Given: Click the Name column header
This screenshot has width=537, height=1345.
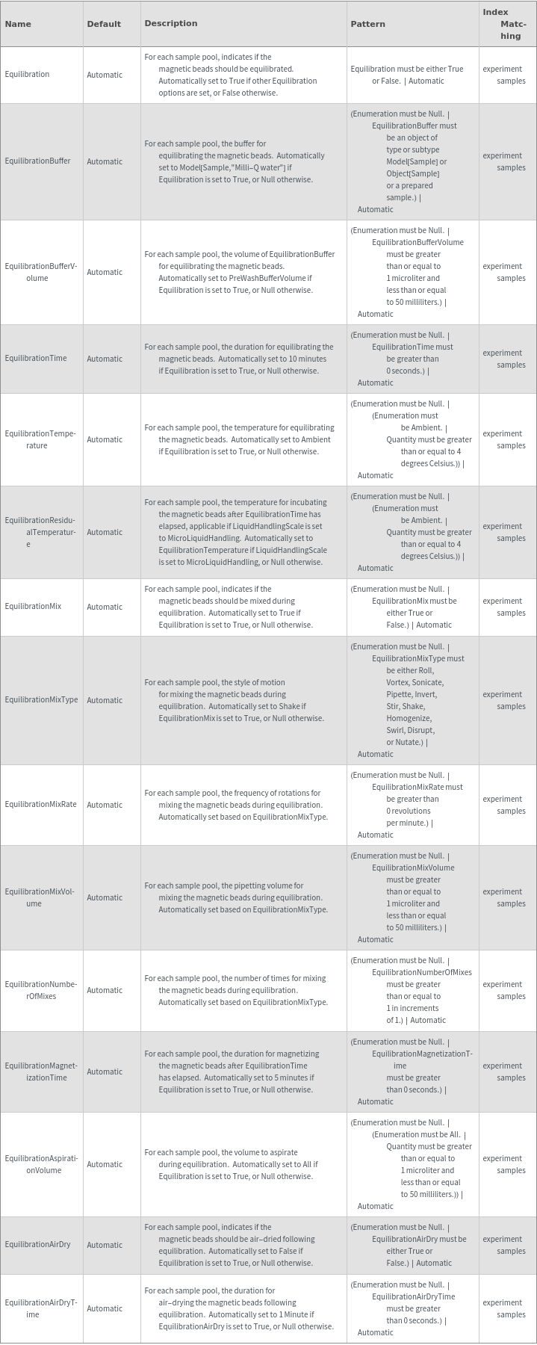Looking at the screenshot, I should [18, 24].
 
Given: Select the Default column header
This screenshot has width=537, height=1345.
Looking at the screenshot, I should [104, 24].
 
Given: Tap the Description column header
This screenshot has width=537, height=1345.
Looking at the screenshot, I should [171, 23].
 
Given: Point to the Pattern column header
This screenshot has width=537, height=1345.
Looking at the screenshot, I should [368, 24].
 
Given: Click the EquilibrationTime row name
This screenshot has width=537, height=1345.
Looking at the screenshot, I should [36, 359].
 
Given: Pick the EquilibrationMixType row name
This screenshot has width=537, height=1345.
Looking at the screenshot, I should [41, 700].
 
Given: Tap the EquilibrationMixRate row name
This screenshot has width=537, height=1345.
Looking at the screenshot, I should [40, 805].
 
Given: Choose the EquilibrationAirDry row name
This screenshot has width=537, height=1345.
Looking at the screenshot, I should [37, 1245].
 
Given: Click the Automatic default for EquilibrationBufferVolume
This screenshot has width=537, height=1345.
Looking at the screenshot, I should [105, 272].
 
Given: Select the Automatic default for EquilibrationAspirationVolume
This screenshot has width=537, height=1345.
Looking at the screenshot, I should [105, 1164].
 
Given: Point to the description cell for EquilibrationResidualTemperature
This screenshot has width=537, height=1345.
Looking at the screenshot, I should [243, 532].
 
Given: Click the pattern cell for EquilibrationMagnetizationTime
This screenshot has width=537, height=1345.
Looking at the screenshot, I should [412, 1072].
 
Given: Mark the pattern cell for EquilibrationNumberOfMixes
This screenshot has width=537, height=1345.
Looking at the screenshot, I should [412, 990].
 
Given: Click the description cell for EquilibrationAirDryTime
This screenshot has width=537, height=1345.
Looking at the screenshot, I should [243, 1308].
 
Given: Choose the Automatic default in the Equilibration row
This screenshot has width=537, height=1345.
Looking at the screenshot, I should [105, 75].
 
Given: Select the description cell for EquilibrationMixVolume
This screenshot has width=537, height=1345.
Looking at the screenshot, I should [243, 897].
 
